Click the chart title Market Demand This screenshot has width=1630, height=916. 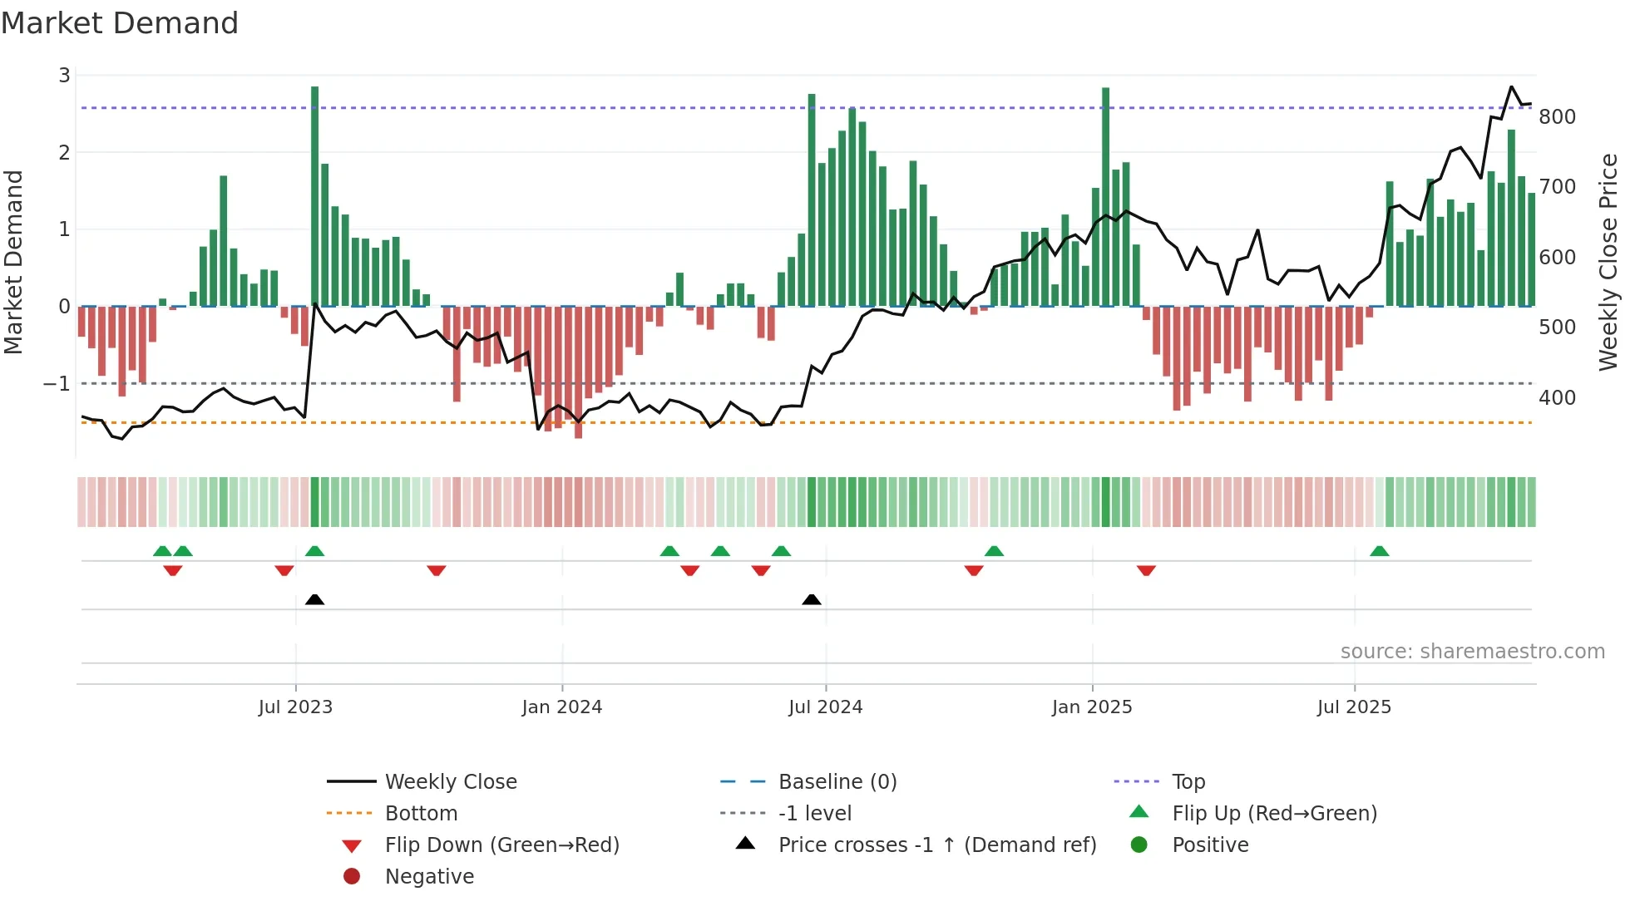pos(120,23)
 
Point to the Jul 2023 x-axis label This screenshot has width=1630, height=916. pos(295,707)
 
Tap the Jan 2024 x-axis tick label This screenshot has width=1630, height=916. pos(562,707)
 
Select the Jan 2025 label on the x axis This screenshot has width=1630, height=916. pos(1092,707)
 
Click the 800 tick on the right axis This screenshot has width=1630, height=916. pos(1557,117)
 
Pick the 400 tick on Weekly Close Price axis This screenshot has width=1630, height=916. pos(1557,398)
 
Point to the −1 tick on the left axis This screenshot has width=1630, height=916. pos(57,384)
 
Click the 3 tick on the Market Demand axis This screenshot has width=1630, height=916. pos(64,76)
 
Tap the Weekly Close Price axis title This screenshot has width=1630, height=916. pos(1608,262)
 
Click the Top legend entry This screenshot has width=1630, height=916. pos(1188,782)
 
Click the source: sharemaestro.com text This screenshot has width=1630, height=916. pos(1472,652)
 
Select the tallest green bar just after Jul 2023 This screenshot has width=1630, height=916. pos(315,196)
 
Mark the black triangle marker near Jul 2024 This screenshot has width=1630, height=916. pos(812,599)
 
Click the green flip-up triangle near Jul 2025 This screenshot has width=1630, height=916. pos(1379,551)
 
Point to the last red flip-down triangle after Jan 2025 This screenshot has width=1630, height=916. pos(1146,570)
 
